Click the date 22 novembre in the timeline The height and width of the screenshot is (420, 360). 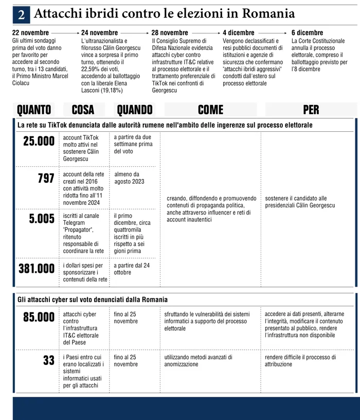pos(30,33)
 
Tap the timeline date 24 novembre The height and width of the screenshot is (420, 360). pos(99,33)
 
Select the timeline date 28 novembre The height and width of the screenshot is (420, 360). pos(170,33)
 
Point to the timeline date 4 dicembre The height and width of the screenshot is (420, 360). pos(238,33)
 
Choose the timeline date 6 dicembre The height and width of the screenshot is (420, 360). pos(307,33)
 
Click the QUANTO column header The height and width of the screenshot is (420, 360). pos(34,110)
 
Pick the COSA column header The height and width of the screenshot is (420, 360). pos(83,110)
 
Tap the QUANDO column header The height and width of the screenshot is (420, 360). pos(135,110)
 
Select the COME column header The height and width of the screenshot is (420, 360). pos(210,110)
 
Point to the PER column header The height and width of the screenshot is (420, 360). pos(311,110)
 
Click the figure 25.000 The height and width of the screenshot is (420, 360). pos(39,141)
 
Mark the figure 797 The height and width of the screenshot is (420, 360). pos(46,179)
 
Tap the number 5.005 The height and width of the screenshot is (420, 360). pos(42,219)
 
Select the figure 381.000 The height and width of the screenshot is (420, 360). pos(37,268)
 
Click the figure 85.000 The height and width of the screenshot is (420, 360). pos(39,317)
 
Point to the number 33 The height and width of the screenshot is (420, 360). pos(49,360)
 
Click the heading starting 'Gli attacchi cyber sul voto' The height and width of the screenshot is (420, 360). pos(93,299)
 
